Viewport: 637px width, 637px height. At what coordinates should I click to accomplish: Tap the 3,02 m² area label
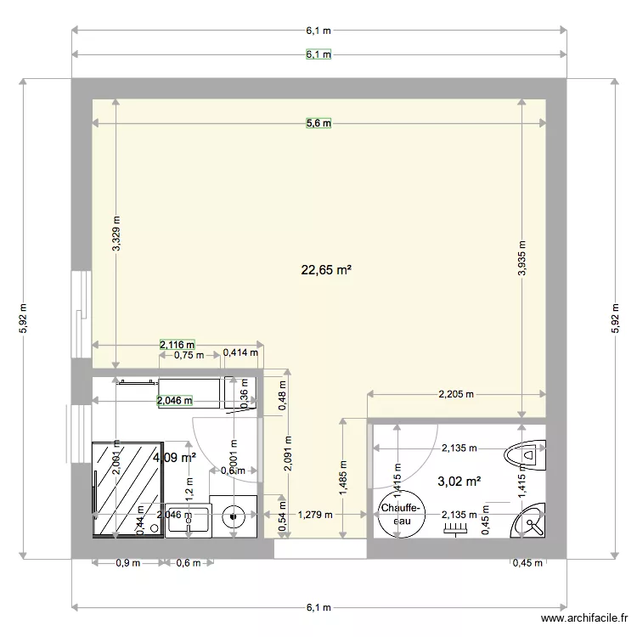459,482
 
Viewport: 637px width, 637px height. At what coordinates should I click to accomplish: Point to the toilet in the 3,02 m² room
526,456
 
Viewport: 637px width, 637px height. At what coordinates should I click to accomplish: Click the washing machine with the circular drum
232,514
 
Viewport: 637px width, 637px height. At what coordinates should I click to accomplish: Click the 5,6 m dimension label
318,123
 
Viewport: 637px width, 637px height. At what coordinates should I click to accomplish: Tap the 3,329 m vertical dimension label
116,229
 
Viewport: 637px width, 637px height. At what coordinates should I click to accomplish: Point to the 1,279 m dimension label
316,514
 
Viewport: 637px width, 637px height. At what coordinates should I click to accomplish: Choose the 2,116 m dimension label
177,345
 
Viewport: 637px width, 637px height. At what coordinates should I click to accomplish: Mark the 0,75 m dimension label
189,355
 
